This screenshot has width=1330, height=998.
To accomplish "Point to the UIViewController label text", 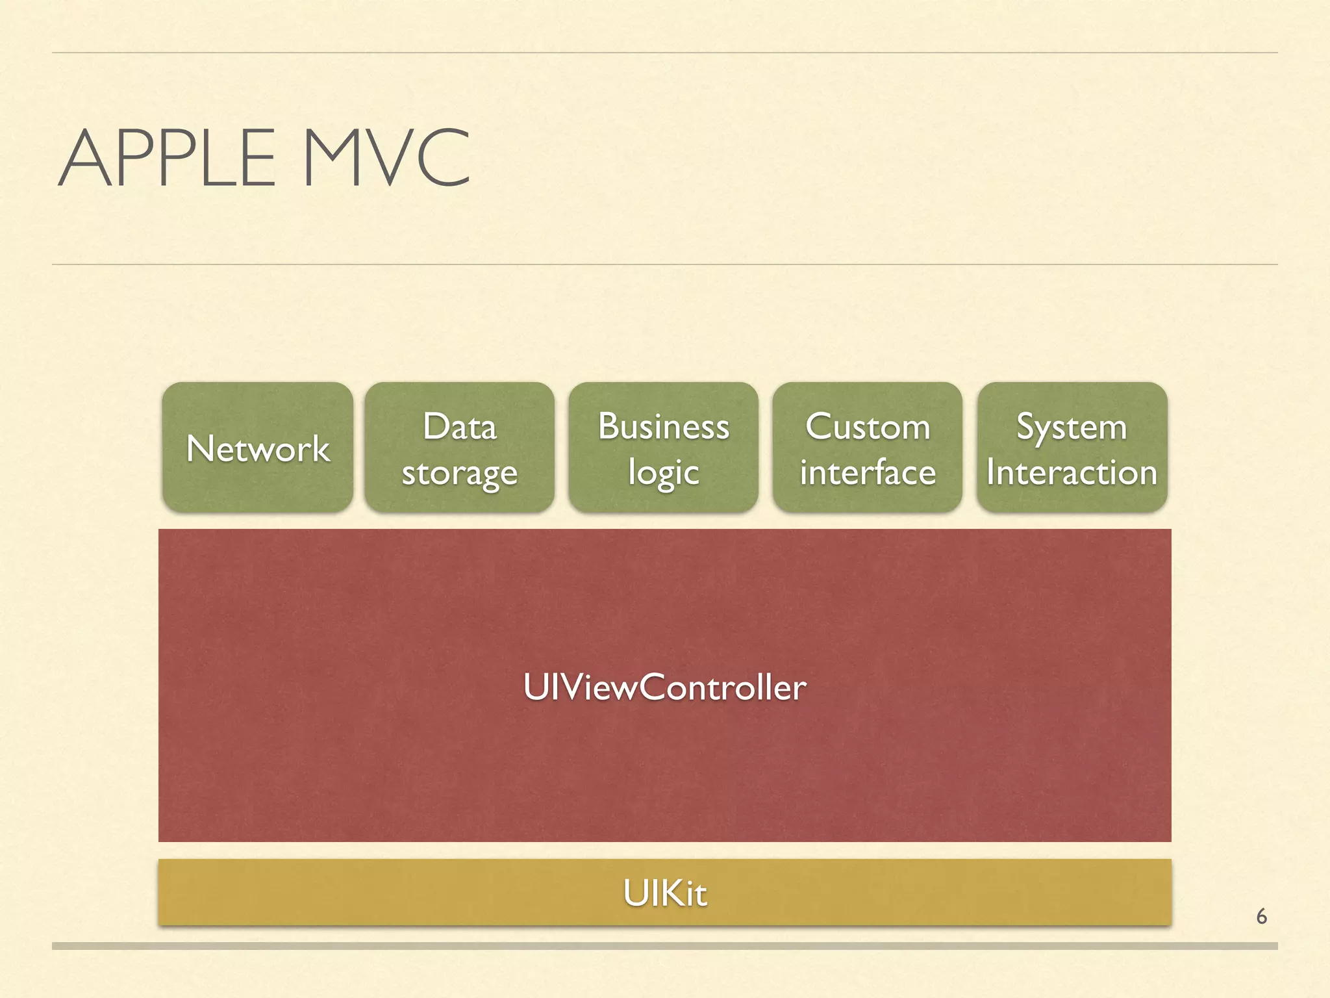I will tap(664, 687).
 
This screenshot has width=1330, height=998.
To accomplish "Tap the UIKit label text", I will tap(664, 893).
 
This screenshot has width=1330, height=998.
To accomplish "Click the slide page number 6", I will tap(1261, 916).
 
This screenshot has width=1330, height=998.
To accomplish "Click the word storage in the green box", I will tap(460, 473).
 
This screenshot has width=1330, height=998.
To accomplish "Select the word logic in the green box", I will tap(664, 473).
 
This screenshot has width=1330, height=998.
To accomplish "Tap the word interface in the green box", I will tap(868, 472).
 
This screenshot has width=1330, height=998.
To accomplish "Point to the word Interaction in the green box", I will tap(1072, 472).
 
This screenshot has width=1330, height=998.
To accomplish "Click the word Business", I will tap(664, 426).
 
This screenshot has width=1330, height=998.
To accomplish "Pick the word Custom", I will tap(868, 427).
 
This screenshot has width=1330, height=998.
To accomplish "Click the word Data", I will tap(460, 427).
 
